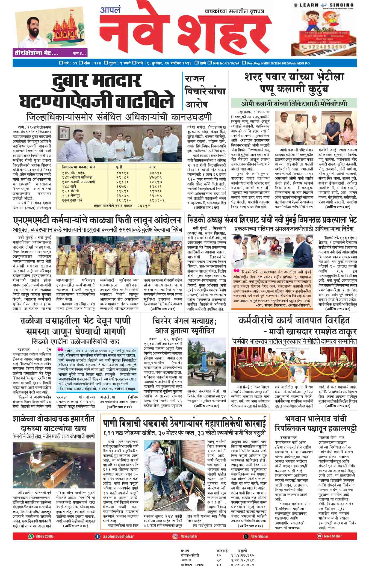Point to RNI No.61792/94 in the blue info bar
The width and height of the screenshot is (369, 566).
[x=226, y=63]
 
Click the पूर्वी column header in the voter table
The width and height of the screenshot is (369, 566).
[x=119, y=167]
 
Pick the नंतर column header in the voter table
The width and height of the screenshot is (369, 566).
[x=152, y=167]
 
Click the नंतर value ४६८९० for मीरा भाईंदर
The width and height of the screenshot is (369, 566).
[x=156, y=173]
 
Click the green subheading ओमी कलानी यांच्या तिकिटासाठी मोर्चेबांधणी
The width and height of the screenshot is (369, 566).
[x=294, y=104]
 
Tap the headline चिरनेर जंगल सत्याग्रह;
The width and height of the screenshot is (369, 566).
[x=185, y=320]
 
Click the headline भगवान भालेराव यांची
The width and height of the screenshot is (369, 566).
[x=316, y=419]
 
